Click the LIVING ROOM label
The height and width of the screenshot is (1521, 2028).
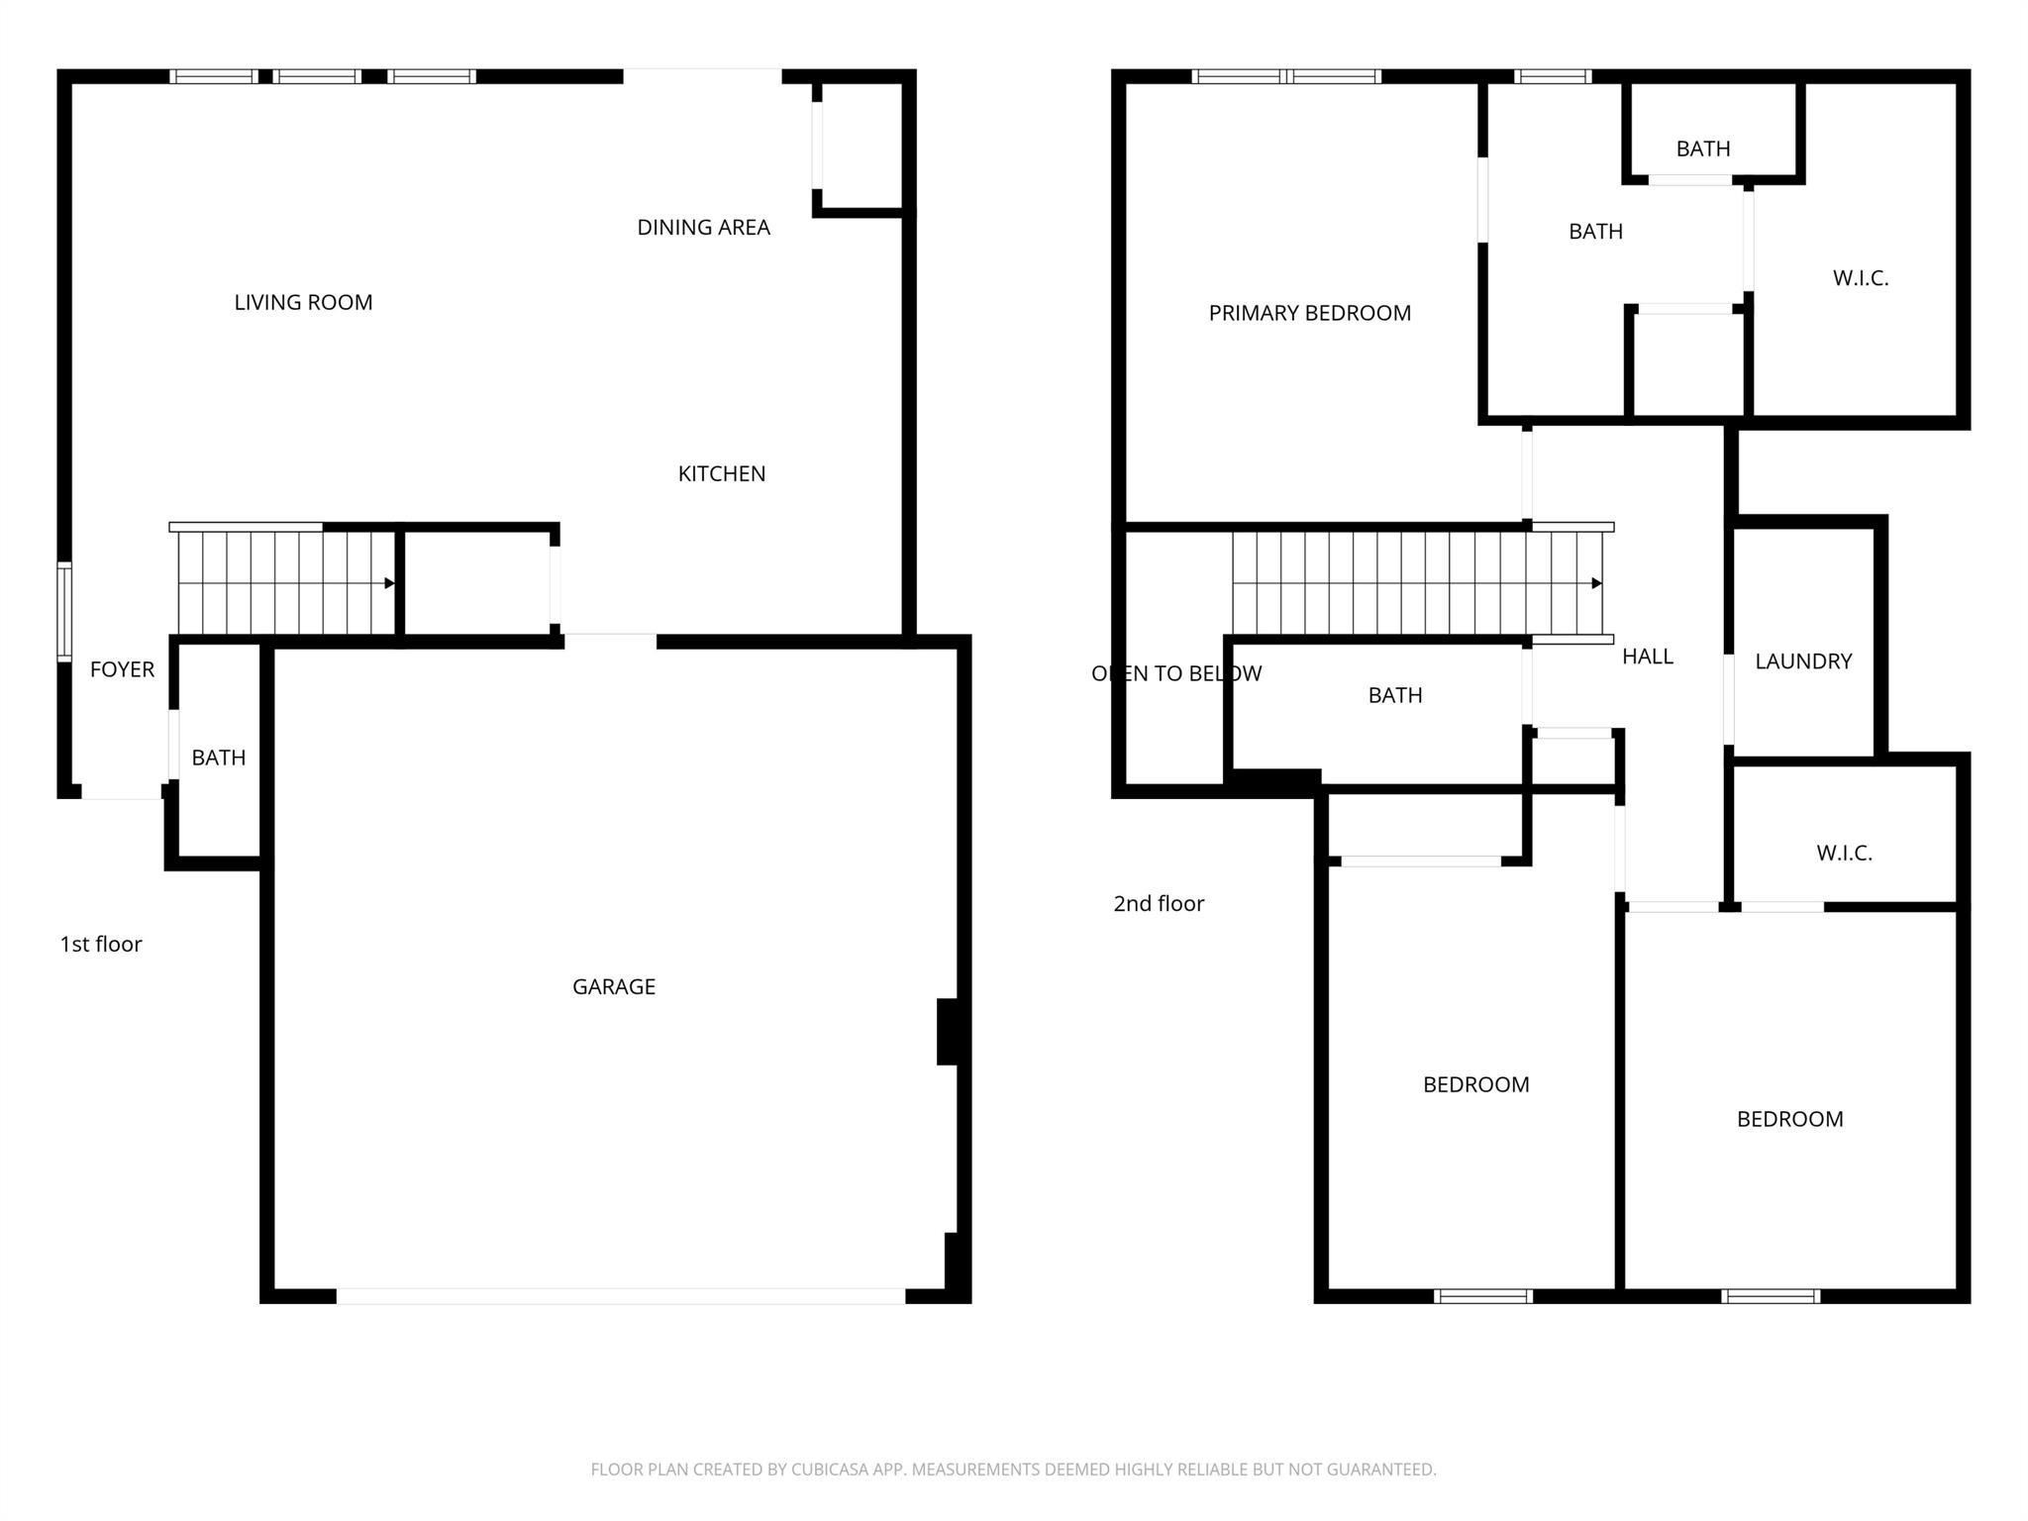coord(303,303)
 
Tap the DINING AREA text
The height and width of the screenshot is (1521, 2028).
coord(703,228)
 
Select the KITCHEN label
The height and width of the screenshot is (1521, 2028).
coord(721,474)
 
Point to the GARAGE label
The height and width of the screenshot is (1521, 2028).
coord(614,986)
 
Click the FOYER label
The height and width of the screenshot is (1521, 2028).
coord(122,669)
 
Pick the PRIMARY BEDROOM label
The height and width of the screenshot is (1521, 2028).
coord(1309,313)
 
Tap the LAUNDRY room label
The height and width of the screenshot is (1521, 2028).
coord(1802,661)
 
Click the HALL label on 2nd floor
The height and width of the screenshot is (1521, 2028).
coord(1647,657)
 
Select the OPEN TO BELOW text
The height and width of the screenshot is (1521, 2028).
coord(1175,673)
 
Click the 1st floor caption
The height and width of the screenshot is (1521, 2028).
coord(101,944)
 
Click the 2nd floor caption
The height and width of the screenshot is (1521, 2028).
coord(1158,903)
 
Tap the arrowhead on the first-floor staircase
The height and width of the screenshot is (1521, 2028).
coord(390,583)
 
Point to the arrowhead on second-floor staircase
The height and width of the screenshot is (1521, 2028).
coord(1596,583)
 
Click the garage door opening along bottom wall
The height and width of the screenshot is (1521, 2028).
coord(621,1295)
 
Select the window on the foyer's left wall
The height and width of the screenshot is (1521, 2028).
coord(64,611)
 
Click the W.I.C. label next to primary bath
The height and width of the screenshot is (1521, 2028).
coord(1860,278)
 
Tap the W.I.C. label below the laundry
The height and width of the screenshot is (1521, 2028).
coord(1844,853)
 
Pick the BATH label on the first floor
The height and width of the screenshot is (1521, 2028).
coord(218,758)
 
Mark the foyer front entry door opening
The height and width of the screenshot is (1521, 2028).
coord(121,792)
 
